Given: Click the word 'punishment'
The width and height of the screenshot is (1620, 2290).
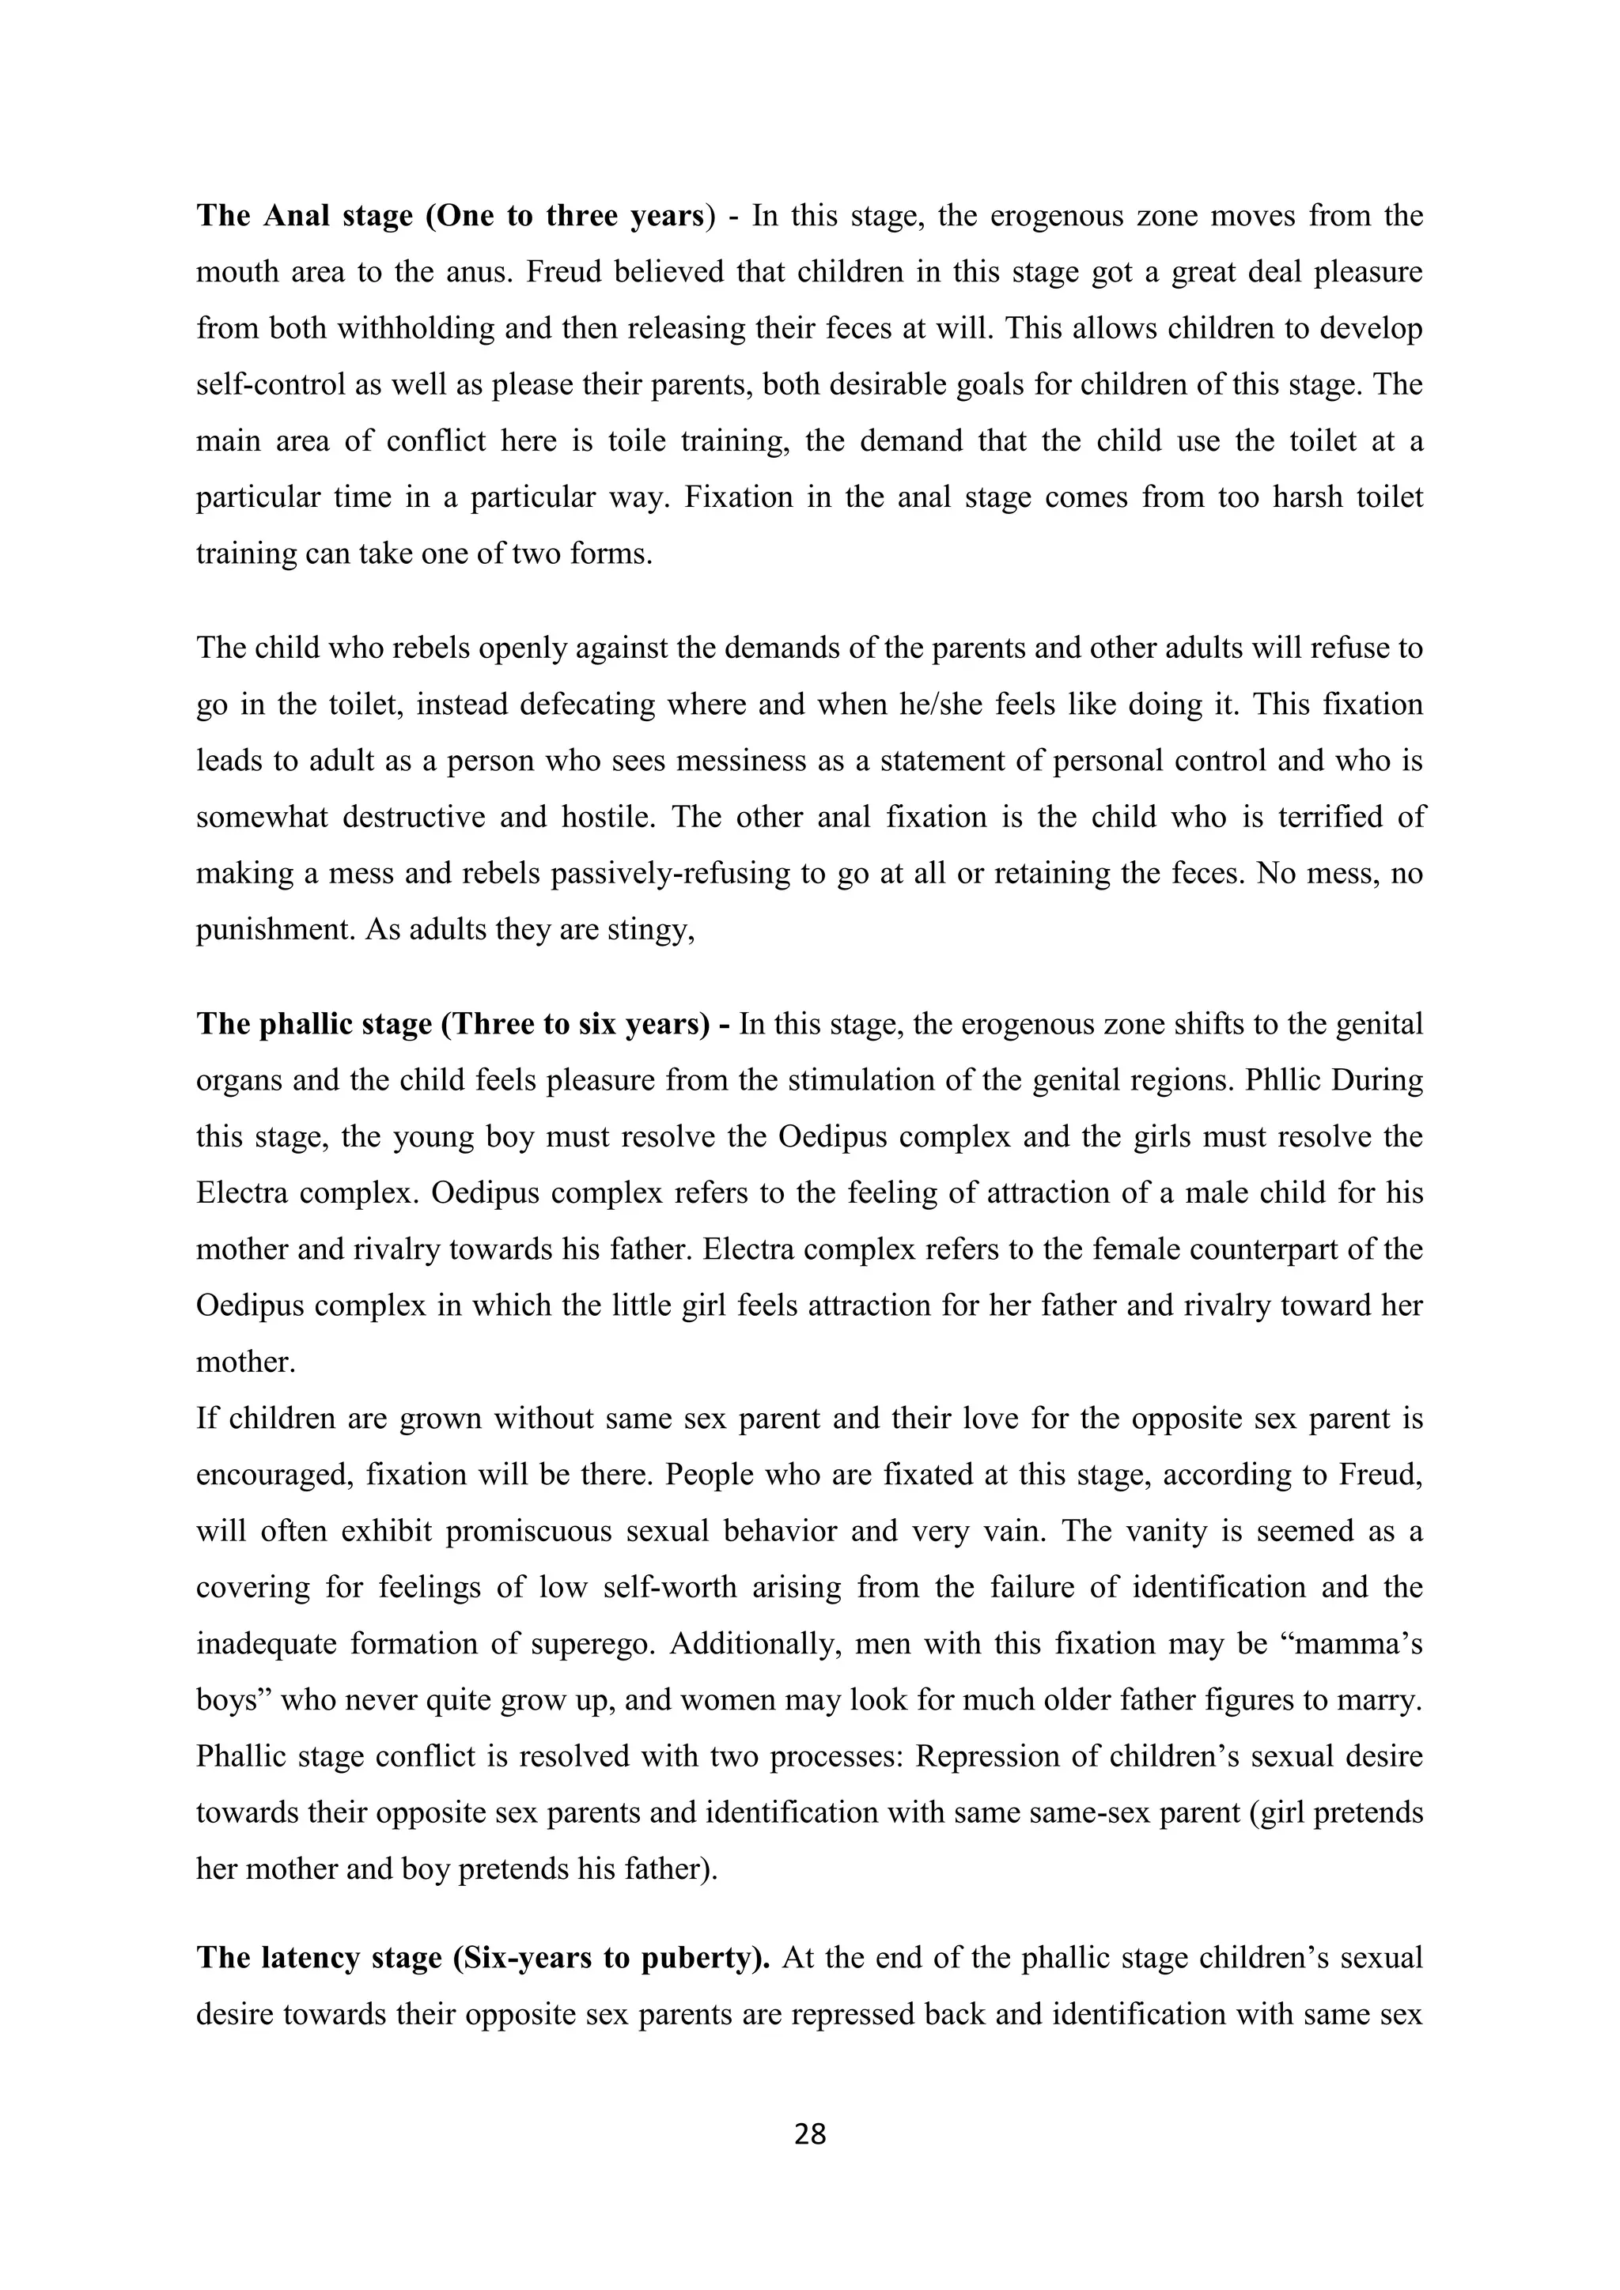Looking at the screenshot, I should coord(275,930).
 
